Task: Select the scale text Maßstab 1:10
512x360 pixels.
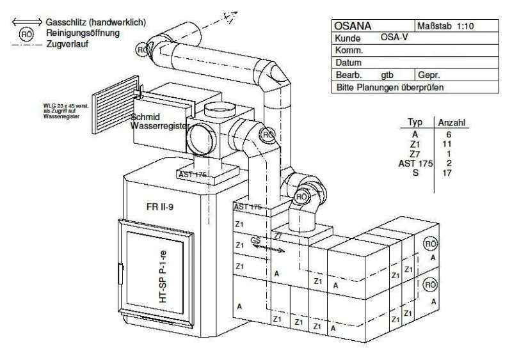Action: pyautogui.click(x=445, y=26)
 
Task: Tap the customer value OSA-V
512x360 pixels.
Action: pyautogui.click(x=394, y=38)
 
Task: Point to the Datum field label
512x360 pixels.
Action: pyautogui.click(x=349, y=63)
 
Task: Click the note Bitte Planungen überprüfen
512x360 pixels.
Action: pyautogui.click(x=390, y=87)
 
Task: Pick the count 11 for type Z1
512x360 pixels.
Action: pyautogui.click(x=447, y=145)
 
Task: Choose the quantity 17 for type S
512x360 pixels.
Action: pyautogui.click(x=447, y=173)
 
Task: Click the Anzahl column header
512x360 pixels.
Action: pyautogui.click(x=452, y=121)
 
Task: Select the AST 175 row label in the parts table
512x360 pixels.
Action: pyautogui.click(x=416, y=164)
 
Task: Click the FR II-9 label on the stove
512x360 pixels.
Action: pyautogui.click(x=160, y=207)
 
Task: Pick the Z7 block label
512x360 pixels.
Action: pyautogui.click(x=279, y=236)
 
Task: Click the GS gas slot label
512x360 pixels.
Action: pyautogui.click(x=256, y=240)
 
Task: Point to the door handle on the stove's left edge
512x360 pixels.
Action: pyautogui.click(x=119, y=274)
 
